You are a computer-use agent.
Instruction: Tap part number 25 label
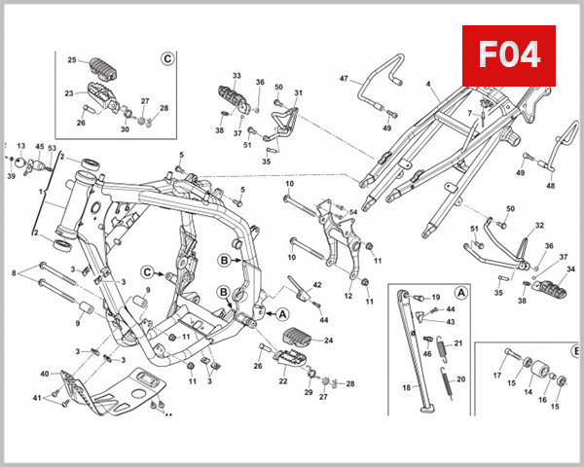71,60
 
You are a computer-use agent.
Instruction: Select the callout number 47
344,78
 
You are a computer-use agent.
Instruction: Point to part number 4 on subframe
426,86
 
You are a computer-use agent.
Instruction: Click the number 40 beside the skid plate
44,374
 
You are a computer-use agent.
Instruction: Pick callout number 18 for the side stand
407,387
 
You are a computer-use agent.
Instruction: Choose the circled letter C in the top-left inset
166,58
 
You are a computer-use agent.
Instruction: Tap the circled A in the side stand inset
461,292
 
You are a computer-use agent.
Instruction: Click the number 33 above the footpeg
237,75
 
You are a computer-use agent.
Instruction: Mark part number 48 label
550,186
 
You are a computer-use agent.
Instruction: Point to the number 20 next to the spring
461,379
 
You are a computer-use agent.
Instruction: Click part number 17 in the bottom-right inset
496,376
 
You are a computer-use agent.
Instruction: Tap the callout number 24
328,341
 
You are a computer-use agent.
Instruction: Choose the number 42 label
317,284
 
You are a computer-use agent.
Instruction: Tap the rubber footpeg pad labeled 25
104,68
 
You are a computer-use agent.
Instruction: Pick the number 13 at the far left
20,145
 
